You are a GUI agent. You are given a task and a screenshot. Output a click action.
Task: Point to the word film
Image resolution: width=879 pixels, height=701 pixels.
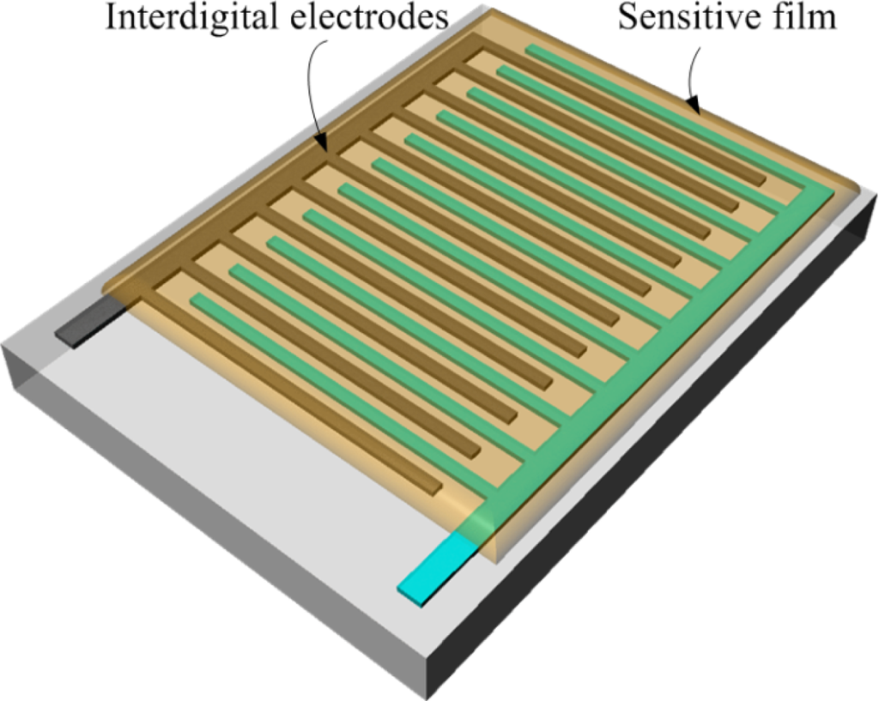click(x=807, y=17)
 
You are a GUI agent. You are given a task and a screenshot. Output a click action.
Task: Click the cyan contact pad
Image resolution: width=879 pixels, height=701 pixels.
click(x=437, y=570)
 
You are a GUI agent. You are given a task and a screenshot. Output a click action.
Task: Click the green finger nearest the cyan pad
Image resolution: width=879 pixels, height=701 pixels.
click(x=343, y=395)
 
